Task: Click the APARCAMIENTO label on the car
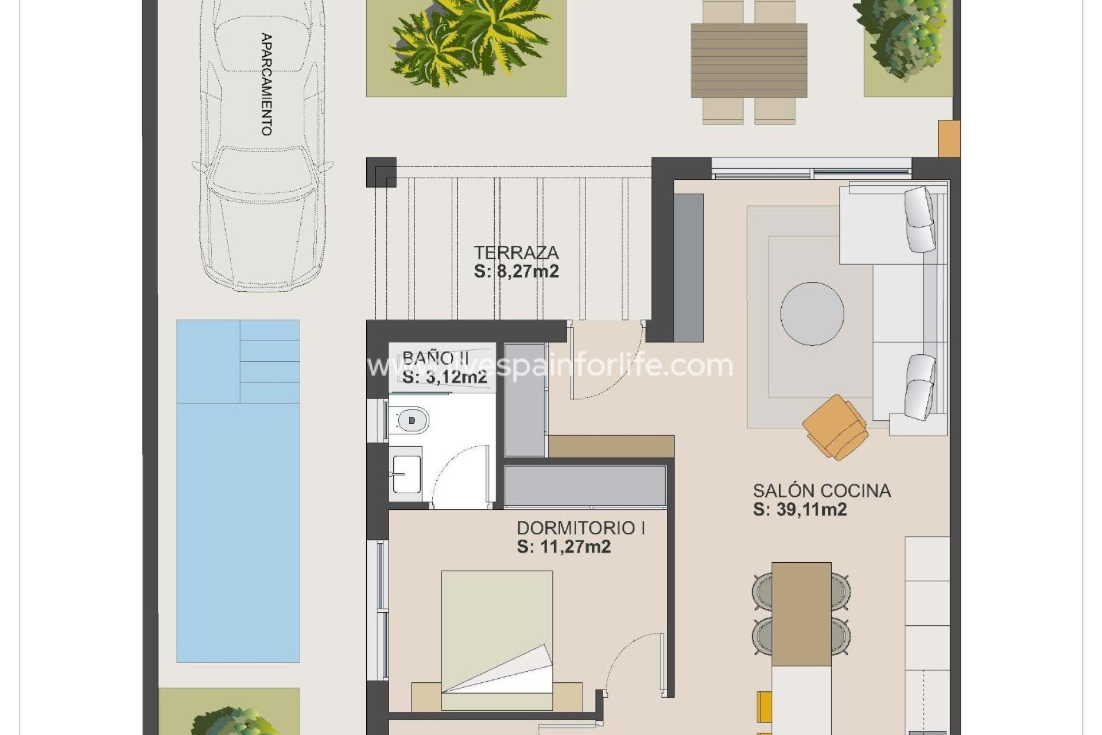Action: [x=266, y=84]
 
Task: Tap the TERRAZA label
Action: [x=516, y=252]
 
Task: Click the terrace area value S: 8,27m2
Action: [x=516, y=271]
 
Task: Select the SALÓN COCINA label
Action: [x=821, y=490]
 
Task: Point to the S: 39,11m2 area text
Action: [x=800, y=509]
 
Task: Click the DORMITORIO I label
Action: [x=580, y=528]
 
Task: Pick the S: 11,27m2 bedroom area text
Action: [x=564, y=547]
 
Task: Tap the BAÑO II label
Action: [x=436, y=358]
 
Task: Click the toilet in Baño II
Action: [x=409, y=421]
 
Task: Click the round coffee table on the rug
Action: [x=812, y=314]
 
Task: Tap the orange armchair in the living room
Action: [x=835, y=427]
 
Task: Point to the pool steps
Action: [x=269, y=361]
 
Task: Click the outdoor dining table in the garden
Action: [x=748, y=60]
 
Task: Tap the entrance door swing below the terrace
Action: [x=603, y=362]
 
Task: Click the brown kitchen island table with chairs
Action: [x=801, y=613]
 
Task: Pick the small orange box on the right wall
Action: [x=949, y=138]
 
